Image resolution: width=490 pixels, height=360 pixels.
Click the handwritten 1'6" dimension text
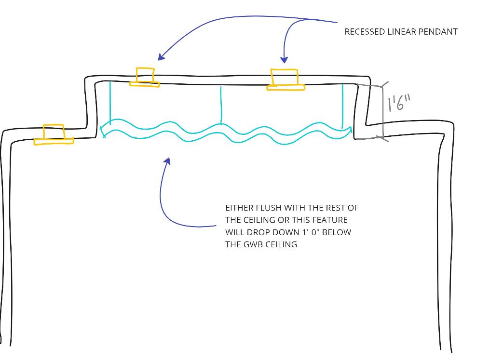pos(400,102)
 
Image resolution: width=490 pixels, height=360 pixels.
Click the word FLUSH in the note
pos(263,208)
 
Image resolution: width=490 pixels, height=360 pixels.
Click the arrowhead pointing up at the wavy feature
pos(167,160)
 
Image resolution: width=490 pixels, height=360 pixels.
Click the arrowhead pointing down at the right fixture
pos(284,60)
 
